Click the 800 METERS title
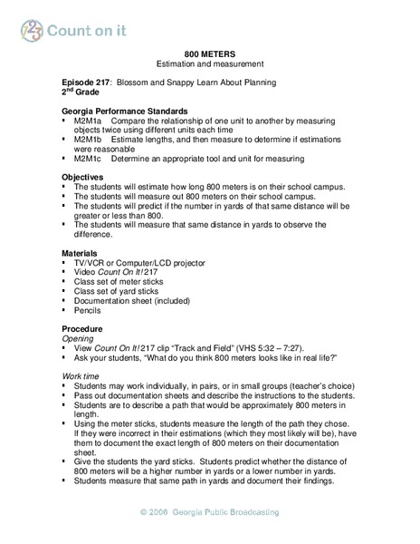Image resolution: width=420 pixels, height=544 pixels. pyautogui.click(x=209, y=53)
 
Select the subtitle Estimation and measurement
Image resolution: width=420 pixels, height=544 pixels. pyautogui.click(x=209, y=64)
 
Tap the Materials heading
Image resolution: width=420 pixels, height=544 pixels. pyautogui.click(x=81, y=252)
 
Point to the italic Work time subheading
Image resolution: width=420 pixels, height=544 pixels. pyautogui.click(x=82, y=374)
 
